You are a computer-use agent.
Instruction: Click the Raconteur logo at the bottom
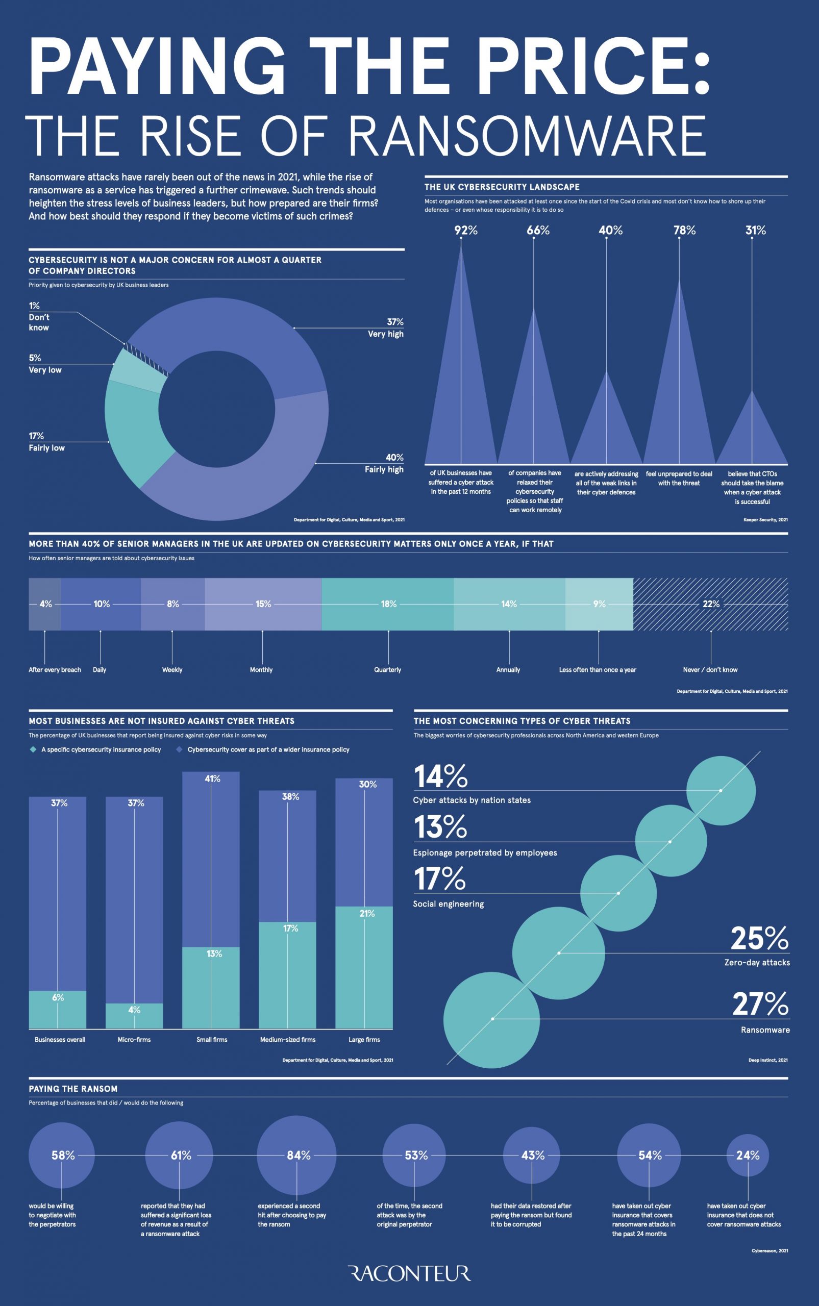[409, 1273]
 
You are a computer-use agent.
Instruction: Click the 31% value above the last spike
[756, 231]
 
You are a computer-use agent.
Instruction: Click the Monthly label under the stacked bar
[261, 670]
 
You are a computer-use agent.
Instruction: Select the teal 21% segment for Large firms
[364, 969]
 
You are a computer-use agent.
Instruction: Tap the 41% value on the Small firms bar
[212, 778]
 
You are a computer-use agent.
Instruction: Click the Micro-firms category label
[134, 1040]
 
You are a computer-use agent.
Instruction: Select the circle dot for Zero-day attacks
[559, 953]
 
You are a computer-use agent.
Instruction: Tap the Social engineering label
[449, 903]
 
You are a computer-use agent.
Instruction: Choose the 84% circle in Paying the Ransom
[297, 1156]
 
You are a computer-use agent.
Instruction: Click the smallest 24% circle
[748, 1156]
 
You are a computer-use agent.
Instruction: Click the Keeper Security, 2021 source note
[765, 520]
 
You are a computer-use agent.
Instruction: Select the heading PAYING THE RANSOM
[73, 1088]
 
